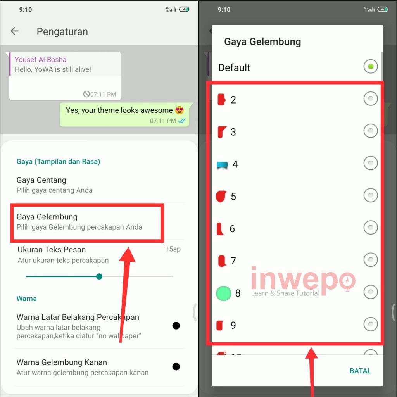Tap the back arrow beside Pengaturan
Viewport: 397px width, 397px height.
14,31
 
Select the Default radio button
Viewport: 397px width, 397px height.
370,66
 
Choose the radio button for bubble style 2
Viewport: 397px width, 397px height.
370,98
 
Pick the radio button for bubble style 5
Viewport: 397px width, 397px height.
370,195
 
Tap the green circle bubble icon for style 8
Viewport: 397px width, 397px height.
223,293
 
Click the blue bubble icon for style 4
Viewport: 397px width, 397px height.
222,165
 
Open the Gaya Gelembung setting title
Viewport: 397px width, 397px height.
47,217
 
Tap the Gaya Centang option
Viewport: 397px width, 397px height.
41,180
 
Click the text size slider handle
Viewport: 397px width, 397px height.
99,276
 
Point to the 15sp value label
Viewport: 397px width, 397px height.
173,249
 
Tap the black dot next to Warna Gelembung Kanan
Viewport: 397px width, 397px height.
176,366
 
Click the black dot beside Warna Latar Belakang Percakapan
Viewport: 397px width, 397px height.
176,326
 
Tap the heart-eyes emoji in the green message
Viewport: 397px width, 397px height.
180,110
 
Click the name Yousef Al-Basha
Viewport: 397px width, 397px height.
40,59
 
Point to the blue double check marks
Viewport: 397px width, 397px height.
182,121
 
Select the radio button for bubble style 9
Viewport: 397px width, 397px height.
370,324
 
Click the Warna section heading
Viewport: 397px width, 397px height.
27,299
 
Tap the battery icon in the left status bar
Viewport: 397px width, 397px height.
184,9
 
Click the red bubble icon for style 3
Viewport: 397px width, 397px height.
221,132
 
